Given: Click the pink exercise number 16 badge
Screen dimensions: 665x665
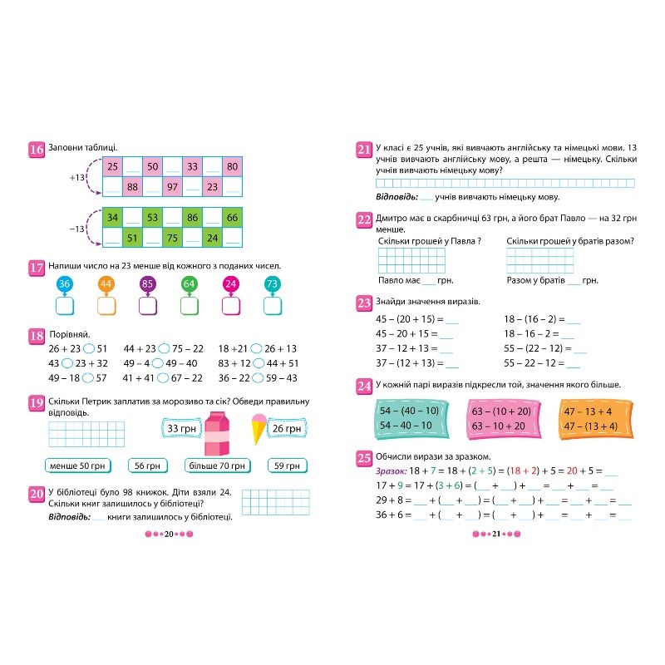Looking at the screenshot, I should point(36,150).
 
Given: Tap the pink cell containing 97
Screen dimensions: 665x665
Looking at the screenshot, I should point(172,187).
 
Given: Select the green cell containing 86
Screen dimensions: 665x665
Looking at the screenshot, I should point(192,219).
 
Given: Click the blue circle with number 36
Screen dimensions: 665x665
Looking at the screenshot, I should point(65,285).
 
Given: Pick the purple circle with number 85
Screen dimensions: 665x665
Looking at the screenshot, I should point(148,285).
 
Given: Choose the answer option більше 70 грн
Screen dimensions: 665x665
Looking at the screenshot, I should point(216,465).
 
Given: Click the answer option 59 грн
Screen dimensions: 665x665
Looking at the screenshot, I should point(286,465).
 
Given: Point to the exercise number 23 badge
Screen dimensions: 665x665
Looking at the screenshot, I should point(364,302).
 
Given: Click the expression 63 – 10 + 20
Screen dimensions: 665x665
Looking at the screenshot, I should point(499,426).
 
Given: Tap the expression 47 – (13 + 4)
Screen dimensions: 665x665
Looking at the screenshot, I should point(589,426).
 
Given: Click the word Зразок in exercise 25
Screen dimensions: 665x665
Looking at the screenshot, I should point(391,470).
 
